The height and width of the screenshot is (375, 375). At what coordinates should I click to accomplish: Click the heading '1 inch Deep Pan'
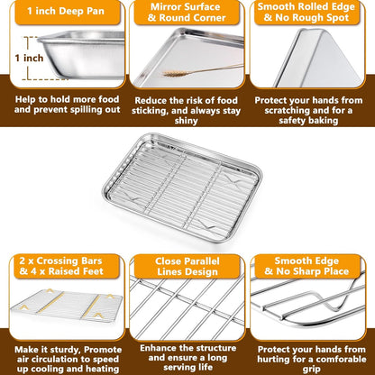66,11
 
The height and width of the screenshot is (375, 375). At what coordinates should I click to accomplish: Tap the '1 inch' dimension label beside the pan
29,58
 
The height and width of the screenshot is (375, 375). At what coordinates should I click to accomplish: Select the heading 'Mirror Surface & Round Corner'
187,13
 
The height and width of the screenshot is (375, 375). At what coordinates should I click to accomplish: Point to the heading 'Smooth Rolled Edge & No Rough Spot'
306,12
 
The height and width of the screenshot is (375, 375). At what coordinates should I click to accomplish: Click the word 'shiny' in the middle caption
187,121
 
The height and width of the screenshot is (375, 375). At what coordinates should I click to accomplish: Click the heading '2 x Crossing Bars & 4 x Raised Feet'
61,266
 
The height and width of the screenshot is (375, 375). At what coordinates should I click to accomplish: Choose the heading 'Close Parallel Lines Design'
187,267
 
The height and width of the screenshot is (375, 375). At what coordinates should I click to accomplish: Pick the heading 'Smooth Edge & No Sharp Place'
306,266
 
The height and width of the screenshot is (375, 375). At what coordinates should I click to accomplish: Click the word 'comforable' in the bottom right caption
341,360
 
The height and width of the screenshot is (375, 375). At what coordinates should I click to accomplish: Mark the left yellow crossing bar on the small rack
50,303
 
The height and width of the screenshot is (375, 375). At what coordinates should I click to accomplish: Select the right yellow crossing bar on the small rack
91,306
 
